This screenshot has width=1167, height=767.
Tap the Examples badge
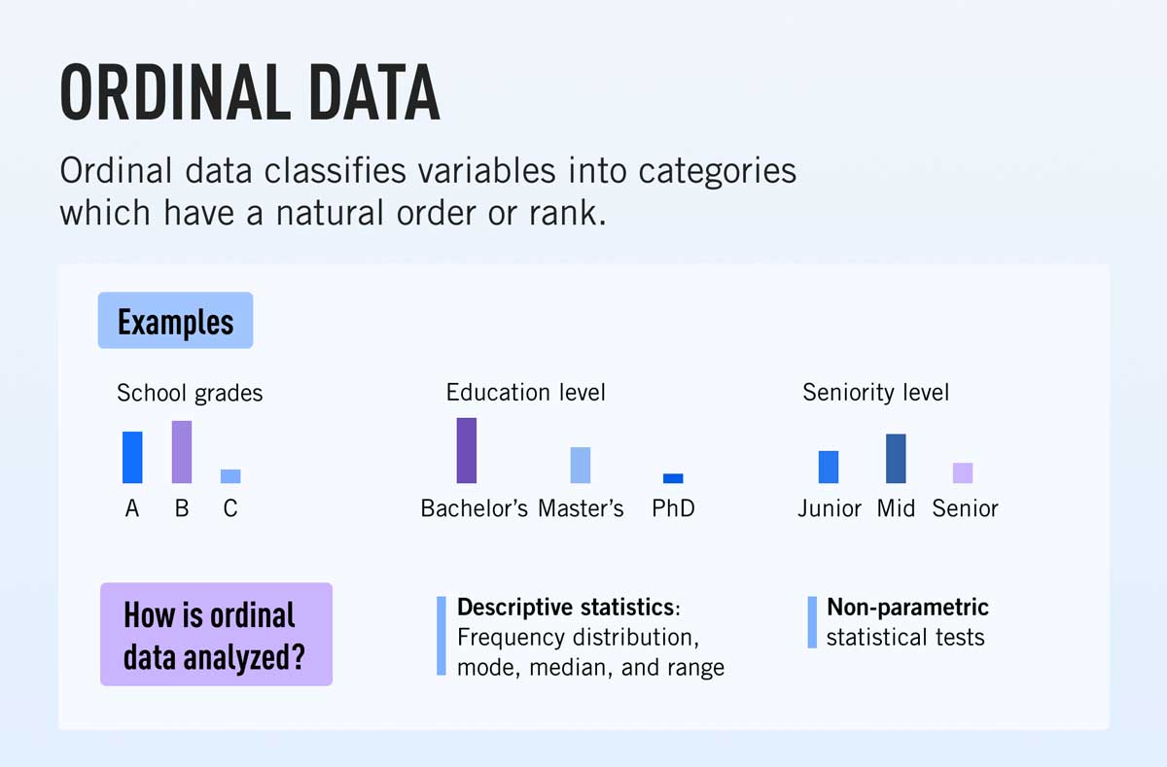tap(175, 321)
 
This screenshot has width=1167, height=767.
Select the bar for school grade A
tap(132, 457)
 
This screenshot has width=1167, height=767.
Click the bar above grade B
tap(182, 452)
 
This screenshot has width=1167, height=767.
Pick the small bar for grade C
tap(230, 476)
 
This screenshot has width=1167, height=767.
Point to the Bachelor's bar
tap(467, 450)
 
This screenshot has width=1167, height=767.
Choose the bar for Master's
tap(581, 465)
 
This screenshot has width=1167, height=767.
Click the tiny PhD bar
tap(673, 478)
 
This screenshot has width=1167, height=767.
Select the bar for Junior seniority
tap(829, 467)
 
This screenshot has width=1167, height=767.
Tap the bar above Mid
tap(896, 459)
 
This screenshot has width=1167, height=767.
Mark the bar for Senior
tap(963, 472)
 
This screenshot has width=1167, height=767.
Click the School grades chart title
tap(190, 393)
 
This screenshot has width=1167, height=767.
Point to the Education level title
tap(525, 392)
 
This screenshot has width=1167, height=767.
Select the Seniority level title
tap(875, 393)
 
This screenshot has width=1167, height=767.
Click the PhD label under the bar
tap(673, 508)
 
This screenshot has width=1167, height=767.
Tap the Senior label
tap(965, 508)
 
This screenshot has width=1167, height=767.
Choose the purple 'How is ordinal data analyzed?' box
tap(216, 634)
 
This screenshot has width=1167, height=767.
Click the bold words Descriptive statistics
tap(565, 608)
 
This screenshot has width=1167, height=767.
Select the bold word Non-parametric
tap(907, 608)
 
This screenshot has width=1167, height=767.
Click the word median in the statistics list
tap(600, 668)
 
